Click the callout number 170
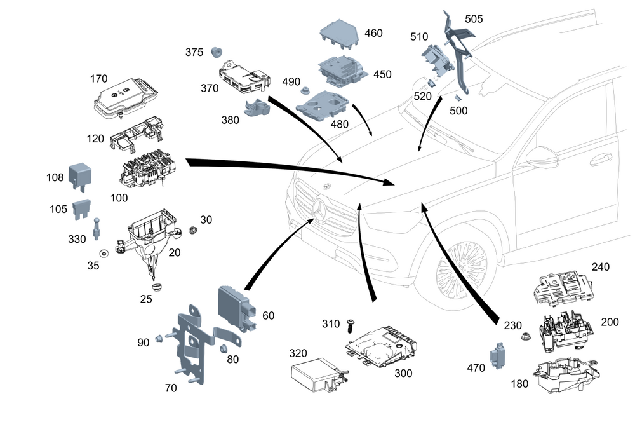[98, 79]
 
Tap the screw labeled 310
[349, 326]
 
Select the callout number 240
[601, 267]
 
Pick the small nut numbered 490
[305, 90]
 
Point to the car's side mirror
[539, 155]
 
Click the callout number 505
[474, 18]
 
